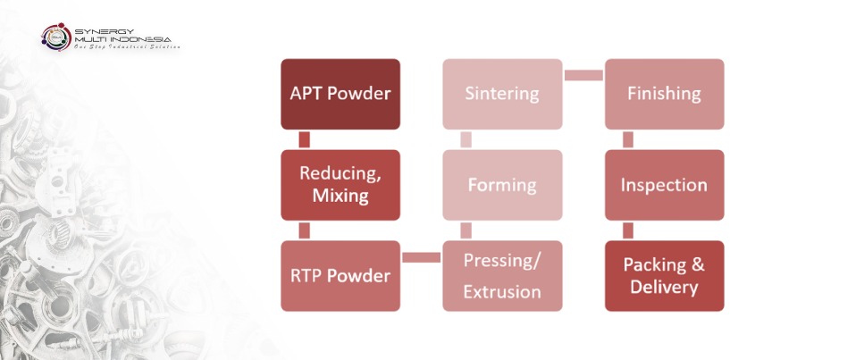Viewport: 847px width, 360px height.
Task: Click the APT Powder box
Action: point(340,94)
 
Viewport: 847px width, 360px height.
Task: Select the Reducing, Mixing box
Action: point(340,185)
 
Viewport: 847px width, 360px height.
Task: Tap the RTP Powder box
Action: point(340,275)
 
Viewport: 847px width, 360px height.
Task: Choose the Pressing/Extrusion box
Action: point(502,275)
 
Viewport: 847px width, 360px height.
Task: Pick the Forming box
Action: point(502,185)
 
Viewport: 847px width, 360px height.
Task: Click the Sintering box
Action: point(502,94)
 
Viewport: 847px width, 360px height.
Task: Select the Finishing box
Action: point(664,94)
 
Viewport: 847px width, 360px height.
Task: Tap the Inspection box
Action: point(664,185)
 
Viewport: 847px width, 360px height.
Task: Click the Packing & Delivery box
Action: point(664,275)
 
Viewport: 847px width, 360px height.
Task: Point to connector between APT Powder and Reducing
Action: point(305,139)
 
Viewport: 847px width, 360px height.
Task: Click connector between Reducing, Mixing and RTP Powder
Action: point(305,230)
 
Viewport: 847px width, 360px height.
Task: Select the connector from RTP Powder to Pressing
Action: point(421,258)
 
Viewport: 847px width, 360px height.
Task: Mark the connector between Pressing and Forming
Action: point(465,230)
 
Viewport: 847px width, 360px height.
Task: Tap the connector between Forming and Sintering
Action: point(465,139)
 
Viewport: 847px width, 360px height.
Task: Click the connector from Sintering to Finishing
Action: point(583,74)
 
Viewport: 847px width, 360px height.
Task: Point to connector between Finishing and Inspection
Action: point(628,139)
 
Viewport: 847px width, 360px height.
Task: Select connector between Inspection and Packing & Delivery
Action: point(628,230)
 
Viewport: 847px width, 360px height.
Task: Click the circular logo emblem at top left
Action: point(56,37)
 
